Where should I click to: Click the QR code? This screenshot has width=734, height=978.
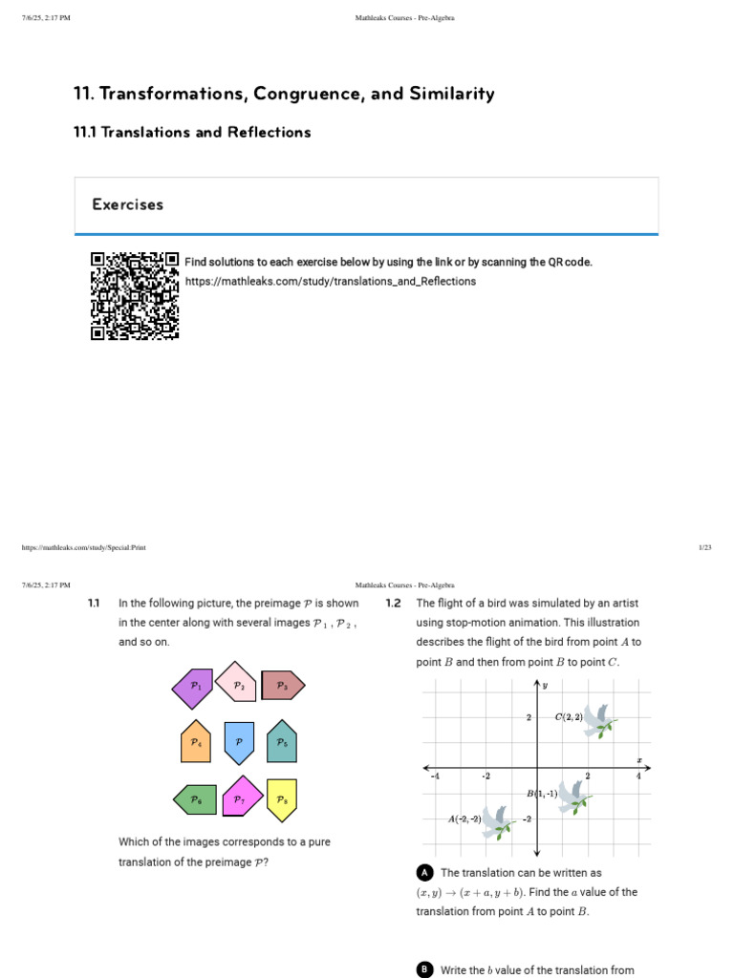(135, 296)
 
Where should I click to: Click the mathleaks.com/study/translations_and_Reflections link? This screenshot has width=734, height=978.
(330, 282)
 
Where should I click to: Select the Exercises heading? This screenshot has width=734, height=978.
(128, 204)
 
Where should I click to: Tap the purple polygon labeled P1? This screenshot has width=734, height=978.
(194, 687)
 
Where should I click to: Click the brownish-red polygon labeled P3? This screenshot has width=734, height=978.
(282, 685)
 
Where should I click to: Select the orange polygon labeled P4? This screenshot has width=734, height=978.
(195, 742)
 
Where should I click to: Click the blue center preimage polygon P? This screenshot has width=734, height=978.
(238, 742)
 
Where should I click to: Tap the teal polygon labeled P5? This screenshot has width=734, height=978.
(281, 742)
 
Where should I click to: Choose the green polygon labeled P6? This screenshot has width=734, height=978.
(195, 799)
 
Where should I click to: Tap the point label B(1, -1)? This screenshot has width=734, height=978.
(541, 794)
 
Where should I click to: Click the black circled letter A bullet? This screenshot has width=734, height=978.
(425, 873)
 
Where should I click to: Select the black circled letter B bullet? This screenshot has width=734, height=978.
(425, 969)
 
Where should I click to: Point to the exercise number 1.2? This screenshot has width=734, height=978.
(393, 604)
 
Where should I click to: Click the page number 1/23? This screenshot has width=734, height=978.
(705, 547)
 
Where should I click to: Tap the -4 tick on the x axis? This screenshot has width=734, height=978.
(435, 776)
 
